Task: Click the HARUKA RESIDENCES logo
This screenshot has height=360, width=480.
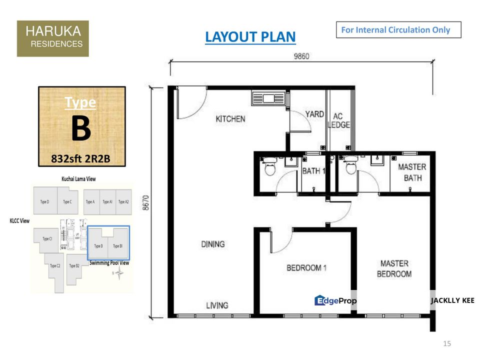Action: point(52,38)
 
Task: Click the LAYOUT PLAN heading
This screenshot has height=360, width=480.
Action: point(250,37)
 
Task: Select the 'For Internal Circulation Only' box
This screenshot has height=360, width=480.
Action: point(398,30)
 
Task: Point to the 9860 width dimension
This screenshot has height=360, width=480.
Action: point(301,56)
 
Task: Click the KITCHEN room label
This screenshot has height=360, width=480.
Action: point(230,119)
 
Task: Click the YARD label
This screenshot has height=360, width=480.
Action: point(314,114)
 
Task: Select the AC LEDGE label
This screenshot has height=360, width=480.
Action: point(338,120)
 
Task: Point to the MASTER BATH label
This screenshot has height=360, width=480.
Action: point(412,172)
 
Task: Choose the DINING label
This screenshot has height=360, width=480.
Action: point(212,244)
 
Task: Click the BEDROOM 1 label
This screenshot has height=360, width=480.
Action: point(306,268)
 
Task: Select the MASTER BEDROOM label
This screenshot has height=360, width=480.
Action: point(394,268)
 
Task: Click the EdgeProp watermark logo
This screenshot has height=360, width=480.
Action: point(335,300)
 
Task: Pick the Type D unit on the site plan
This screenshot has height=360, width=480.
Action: point(44,202)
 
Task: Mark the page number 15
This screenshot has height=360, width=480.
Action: point(447,343)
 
